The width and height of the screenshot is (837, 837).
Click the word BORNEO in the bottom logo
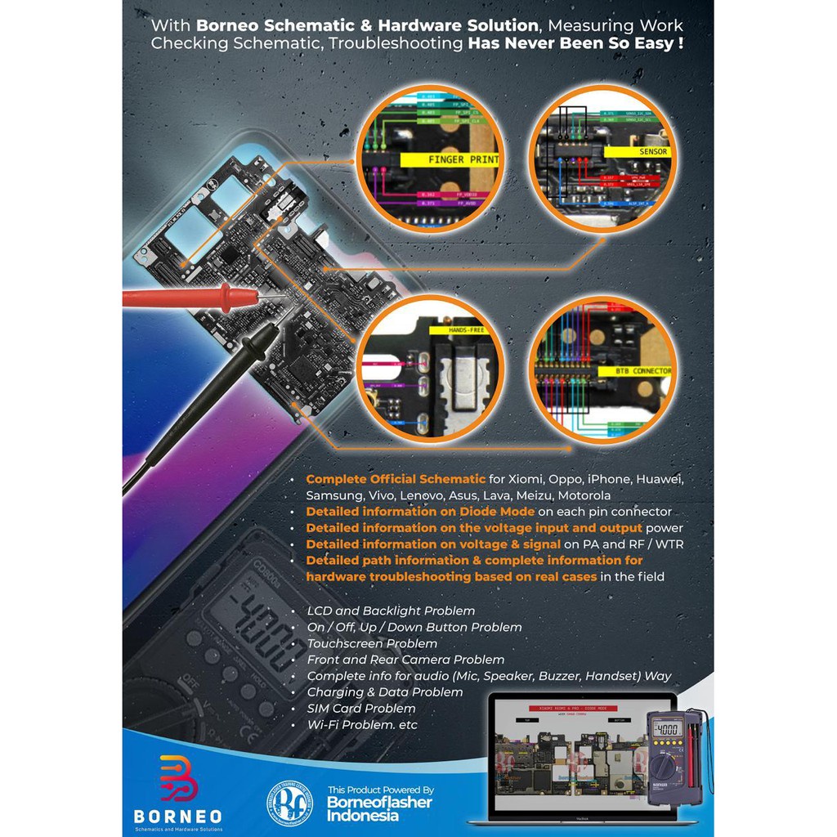pos(177,816)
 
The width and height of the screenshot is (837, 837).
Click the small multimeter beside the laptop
pos(670,756)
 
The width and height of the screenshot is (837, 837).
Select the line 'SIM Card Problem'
pos(361,708)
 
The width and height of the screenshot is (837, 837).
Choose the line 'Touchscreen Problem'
pos(372,643)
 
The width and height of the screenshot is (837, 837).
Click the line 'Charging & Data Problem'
pos(385,692)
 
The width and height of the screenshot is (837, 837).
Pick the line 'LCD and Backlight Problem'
pos(391,611)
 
